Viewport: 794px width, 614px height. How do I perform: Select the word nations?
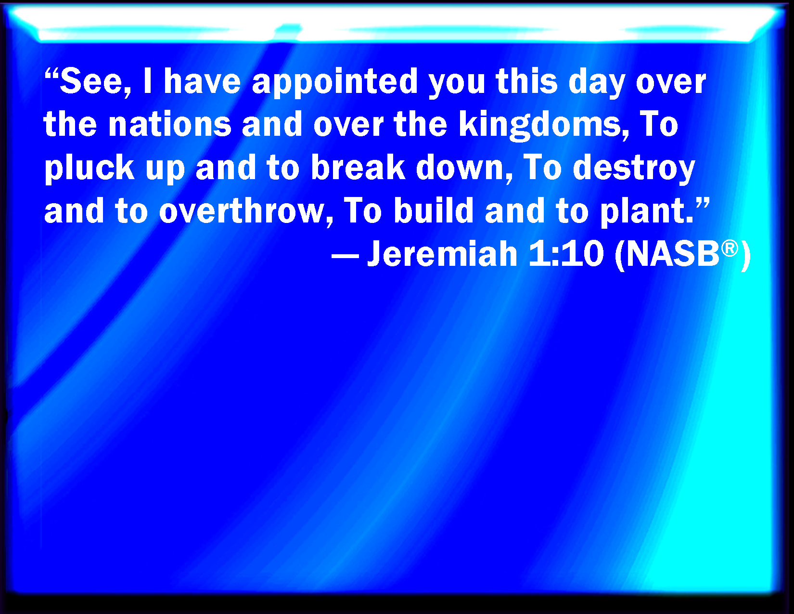[x=170, y=125]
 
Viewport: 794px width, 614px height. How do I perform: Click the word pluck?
[x=89, y=169]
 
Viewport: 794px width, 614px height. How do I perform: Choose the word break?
[x=358, y=167]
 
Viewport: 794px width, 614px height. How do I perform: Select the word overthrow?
[x=242, y=211]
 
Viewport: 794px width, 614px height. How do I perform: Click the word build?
[x=434, y=210]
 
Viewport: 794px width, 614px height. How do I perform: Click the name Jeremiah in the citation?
[x=442, y=254]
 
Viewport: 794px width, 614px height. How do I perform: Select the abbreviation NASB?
[x=673, y=254]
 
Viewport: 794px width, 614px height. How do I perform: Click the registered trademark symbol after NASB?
[x=730, y=248]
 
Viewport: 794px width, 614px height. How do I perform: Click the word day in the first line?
[x=597, y=83]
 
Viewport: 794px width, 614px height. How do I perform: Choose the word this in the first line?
[x=526, y=81]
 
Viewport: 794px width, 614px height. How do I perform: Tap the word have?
[x=203, y=81]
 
